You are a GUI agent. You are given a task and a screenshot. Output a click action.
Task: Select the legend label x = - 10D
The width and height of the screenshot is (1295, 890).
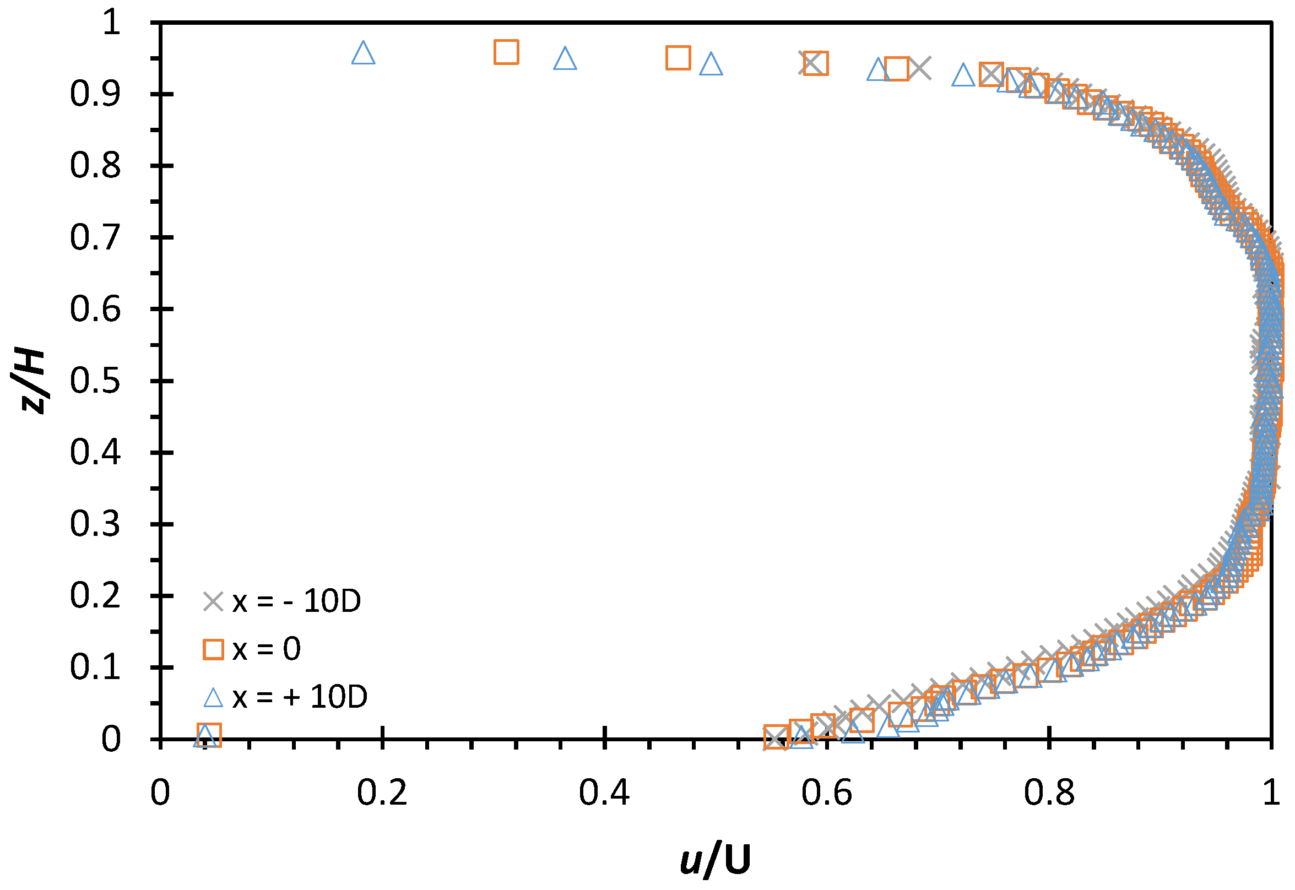(x=296, y=602)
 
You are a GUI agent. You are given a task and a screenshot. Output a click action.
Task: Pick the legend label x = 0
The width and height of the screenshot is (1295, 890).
(x=266, y=650)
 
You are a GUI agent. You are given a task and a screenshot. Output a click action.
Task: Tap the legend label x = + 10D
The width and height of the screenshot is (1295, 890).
(x=300, y=697)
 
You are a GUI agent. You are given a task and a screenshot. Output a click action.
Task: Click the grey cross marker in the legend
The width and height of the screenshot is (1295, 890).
(x=213, y=602)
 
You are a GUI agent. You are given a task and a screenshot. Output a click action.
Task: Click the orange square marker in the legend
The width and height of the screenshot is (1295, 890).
(x=213, y=650)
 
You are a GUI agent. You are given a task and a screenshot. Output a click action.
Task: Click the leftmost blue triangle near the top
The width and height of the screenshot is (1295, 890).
(x=363, y=53)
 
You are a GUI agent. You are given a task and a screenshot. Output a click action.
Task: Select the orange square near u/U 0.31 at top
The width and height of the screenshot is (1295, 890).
(x=506, y=52)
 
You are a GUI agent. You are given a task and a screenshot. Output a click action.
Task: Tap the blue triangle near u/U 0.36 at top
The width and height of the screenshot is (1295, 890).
(x=565, y=58)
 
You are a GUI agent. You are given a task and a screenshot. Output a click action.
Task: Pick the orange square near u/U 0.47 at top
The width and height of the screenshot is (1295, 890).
(x=678, y=58)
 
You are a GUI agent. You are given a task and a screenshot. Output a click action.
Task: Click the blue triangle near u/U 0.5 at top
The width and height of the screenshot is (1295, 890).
(x=711, y=64)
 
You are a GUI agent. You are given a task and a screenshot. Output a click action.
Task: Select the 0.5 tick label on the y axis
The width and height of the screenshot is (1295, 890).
(x=95, y=382)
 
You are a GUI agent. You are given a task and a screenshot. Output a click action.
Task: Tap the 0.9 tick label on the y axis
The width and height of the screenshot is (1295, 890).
(x=95, y=94)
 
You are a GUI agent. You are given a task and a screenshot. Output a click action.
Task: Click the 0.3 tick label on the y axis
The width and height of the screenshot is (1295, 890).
(x=95, y=525)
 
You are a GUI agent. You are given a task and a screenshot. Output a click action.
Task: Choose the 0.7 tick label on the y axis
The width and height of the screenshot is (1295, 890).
(x=95, y=237)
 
